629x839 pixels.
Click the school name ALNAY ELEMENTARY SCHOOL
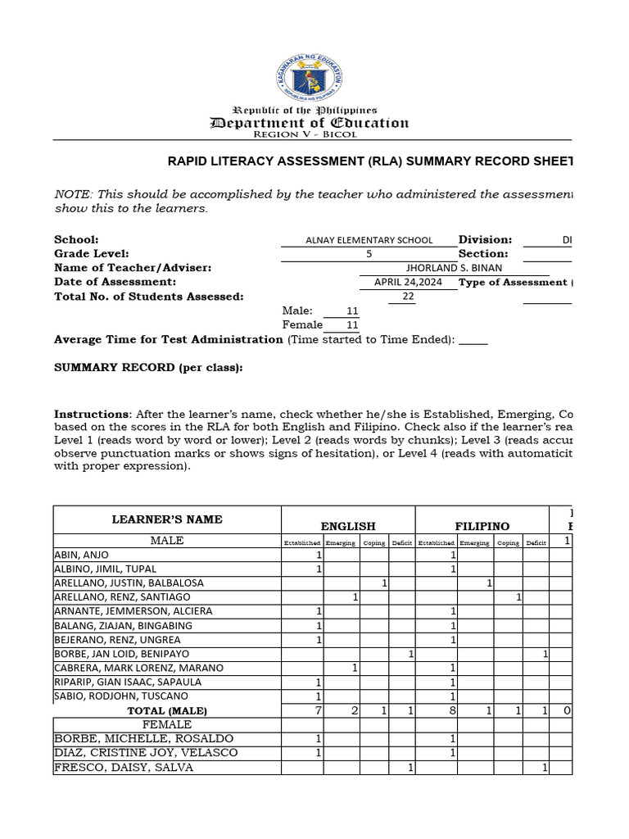[369, 240]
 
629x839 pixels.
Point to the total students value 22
[408, 297]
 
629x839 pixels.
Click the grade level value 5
[369, 254]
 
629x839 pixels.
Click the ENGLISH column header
[348, 526]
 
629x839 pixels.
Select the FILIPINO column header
[482, 526]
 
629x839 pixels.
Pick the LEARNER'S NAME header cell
[167, 519]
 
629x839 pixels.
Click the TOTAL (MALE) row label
[167, 710]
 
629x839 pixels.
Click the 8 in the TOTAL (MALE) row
[452, 710]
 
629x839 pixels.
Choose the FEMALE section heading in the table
[167, 724]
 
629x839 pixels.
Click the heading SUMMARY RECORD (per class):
[148, 368]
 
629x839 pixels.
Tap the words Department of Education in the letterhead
[310, 123]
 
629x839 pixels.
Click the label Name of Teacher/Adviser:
[133, 268]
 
